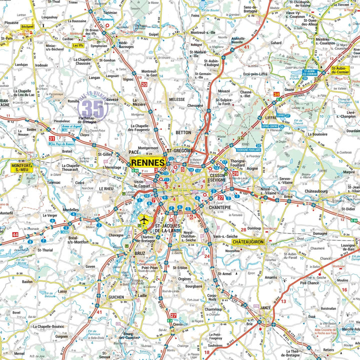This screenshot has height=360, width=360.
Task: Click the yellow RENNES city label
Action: [148, 162]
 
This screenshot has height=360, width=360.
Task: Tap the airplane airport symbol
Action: [144, 220]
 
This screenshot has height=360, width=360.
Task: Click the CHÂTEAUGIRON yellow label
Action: [247, 241]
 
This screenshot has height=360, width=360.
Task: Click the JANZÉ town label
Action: [266, 307]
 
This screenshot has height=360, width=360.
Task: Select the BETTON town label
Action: [183, 132]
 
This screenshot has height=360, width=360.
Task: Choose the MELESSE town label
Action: [177, 99]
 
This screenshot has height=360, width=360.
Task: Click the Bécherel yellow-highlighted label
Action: [27, 26]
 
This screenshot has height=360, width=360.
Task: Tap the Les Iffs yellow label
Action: [78, 45]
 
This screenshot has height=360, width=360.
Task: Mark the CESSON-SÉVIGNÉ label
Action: [217, 178]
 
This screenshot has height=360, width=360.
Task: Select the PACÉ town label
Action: [133, 151]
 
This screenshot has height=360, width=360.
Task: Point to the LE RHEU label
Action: [106, 188]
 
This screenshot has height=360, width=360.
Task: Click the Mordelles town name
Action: [71, 210]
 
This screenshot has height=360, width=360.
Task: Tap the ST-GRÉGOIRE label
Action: [180, 150]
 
